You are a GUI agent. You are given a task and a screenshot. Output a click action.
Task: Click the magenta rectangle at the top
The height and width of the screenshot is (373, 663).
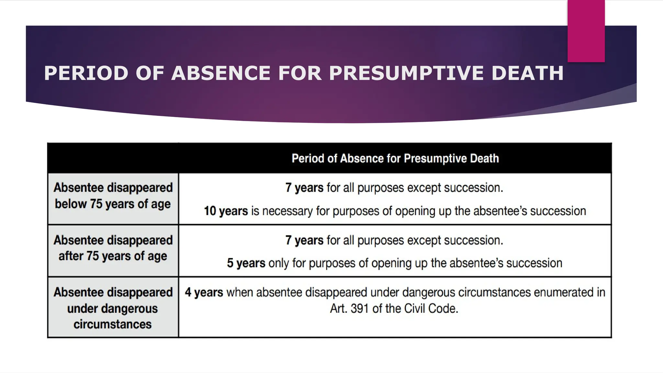pos(586,31)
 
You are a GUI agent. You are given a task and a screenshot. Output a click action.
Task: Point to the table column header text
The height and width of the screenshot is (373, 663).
pos(395,158)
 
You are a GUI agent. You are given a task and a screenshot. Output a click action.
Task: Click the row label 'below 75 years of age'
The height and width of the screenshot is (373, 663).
pos(113,204)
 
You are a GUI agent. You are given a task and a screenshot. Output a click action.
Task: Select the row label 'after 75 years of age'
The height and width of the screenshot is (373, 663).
pos(113,256)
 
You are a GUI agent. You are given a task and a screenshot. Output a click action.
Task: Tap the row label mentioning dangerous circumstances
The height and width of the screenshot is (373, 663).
pos(113,308)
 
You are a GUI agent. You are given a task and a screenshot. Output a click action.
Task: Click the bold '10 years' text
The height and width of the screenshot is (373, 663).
pos(226,211)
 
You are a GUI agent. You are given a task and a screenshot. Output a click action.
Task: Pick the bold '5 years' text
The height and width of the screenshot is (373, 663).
pos(246,263)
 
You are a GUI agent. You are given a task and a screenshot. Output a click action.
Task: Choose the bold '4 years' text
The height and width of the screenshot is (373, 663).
pos(204,292)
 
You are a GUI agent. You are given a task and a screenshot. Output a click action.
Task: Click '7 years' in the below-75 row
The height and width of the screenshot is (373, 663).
pos(304,188)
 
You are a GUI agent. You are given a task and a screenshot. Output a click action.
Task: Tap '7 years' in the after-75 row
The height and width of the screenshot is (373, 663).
pos(304,240)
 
